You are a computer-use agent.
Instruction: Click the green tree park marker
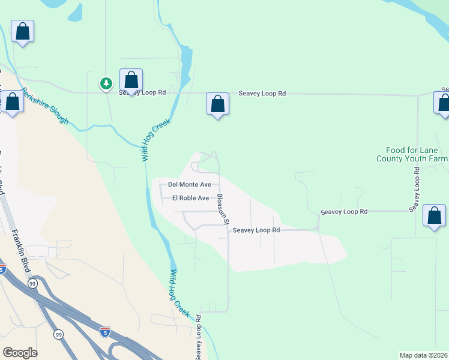(x=106, y=83)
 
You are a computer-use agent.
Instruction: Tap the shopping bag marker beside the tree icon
(x=131, y=80)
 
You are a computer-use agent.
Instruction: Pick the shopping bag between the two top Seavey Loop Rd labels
(x=217, y=104)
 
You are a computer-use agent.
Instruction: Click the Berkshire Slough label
(x=45, y=106)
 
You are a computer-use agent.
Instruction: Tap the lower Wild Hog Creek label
(x=179, y=293)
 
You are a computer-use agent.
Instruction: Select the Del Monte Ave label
(x=189, y=185)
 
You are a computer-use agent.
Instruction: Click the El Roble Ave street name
(x=190, y=198)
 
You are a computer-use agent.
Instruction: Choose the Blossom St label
(x=223, y=209)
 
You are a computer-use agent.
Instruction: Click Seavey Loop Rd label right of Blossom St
(x=256, y=230)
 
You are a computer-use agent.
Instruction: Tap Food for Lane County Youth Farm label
(x=412, y=154)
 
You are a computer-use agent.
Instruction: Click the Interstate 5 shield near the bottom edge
(x=105, y=331)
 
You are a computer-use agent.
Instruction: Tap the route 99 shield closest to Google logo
(x=58, y=334)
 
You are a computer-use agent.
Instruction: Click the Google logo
(x=20, y=353)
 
